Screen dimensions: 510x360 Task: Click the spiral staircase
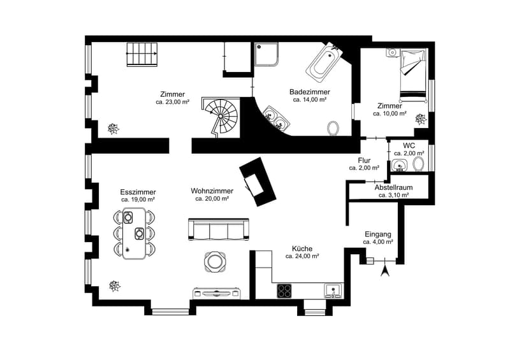(222, 117)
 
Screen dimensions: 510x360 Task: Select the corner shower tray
(266, 54)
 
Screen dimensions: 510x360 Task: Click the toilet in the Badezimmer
(333, 128)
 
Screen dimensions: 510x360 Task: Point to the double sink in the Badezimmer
(276, 118)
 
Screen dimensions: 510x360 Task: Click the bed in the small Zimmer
(412, 75)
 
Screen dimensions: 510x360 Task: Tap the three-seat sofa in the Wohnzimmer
(219, 229)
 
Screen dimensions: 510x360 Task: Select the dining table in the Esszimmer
(134, 233)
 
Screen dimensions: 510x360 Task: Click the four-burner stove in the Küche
(284, 291)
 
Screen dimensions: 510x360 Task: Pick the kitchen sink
(333, 291)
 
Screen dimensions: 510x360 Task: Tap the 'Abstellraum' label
(393, 187)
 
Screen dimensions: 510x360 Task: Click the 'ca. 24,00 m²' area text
(302, 256)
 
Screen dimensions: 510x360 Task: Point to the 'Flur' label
(364, 161)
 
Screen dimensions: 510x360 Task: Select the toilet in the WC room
(419, 164)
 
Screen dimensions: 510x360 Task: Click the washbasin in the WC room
(400, 165)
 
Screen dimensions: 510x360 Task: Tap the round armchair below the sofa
(214, 261)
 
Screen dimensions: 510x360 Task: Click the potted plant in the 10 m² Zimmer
(421, 119)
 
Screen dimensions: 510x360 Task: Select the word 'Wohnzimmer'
(212, 191)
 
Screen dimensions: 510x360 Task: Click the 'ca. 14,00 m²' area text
(310, 100)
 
